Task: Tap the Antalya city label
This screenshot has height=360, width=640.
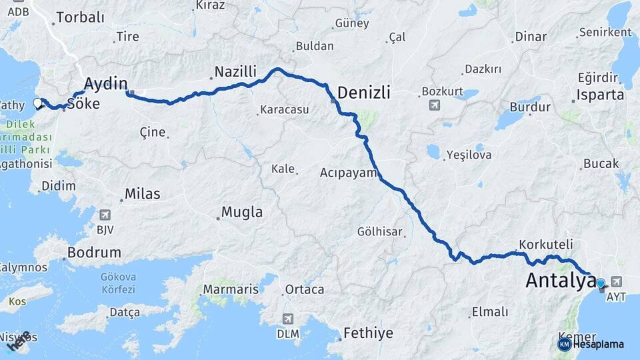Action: [x=560, y=281]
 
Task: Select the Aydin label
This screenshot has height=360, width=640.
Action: [x=106, y=83]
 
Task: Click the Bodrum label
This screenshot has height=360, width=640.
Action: [x=94, y=253]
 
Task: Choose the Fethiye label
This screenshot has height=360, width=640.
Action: [x=368, y=333]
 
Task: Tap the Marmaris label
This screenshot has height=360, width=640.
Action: [x=230, y=289]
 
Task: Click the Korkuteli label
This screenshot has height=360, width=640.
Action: [x=542, y=244]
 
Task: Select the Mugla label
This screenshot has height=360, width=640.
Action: [x=242, y=213]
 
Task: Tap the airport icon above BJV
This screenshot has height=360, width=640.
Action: [x=105, y=215]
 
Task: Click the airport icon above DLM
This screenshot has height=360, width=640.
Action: [x=287, y=319]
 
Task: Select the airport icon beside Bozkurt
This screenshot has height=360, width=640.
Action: [x=435, y=105]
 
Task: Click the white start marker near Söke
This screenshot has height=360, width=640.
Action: [x=38, y=103]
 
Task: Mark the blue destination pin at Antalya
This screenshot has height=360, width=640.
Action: [x=601, y=283]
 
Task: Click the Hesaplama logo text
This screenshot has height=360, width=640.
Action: [x=598, y=344]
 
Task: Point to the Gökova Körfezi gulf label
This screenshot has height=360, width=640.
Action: [x=117, y=283]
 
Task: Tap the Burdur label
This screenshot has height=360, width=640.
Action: [x=529, y=107]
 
